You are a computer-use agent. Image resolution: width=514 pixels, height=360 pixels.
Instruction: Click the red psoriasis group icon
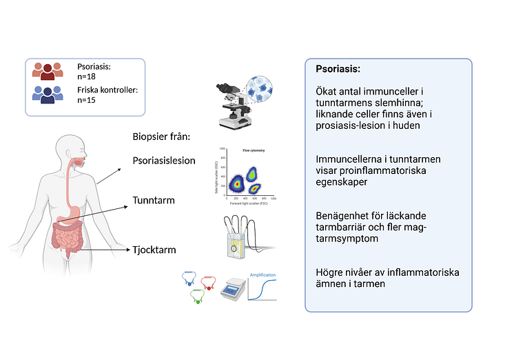click(48, 71)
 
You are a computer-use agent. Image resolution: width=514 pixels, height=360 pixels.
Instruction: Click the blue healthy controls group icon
click(48, 94)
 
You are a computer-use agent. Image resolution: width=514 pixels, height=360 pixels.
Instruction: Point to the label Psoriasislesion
click(164, 161)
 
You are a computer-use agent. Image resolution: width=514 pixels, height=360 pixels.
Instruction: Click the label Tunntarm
click(154, 201)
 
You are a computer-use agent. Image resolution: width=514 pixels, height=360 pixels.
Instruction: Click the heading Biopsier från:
click(161, 137)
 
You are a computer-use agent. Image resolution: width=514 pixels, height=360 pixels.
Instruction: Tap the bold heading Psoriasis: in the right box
click(338, 70)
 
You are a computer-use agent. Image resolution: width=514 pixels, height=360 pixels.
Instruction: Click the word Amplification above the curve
click(262, 275)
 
